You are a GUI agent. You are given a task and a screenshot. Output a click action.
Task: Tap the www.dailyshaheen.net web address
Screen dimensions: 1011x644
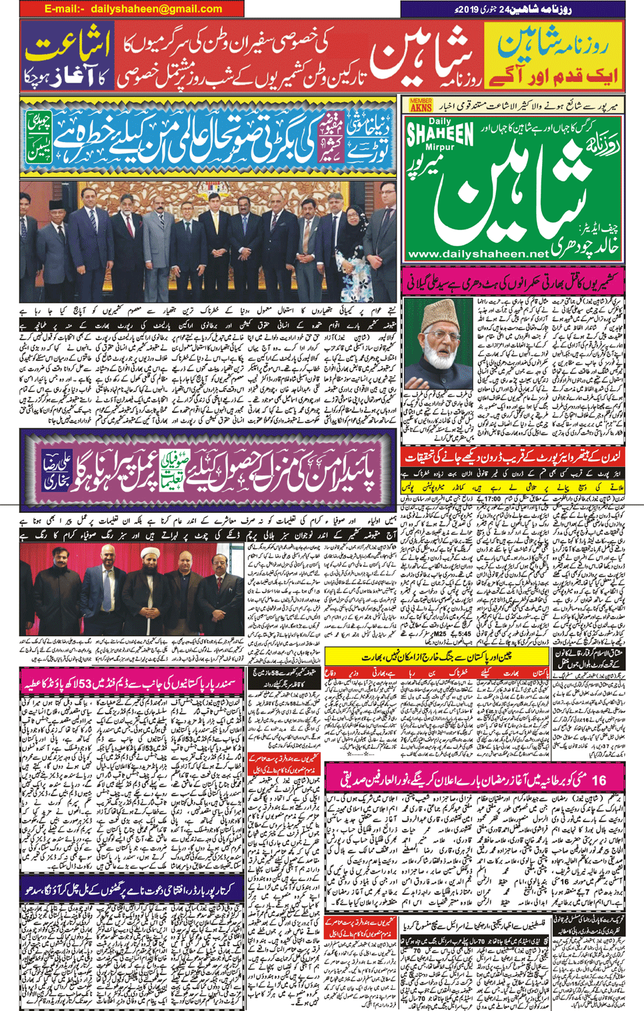click(477, 254)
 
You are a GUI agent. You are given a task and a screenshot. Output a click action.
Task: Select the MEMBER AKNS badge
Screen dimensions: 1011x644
click(420, 105)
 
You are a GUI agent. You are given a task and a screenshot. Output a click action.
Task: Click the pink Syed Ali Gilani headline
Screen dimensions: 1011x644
click(513, 281)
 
